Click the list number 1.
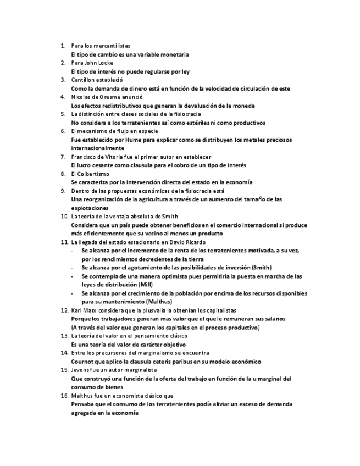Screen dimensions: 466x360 click(63, 46)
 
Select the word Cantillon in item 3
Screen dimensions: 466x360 click(84, 80)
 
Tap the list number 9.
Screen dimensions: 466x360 click(63, 191)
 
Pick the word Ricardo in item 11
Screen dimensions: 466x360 click(195, 242)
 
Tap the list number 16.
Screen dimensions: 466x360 click(64, 395)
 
